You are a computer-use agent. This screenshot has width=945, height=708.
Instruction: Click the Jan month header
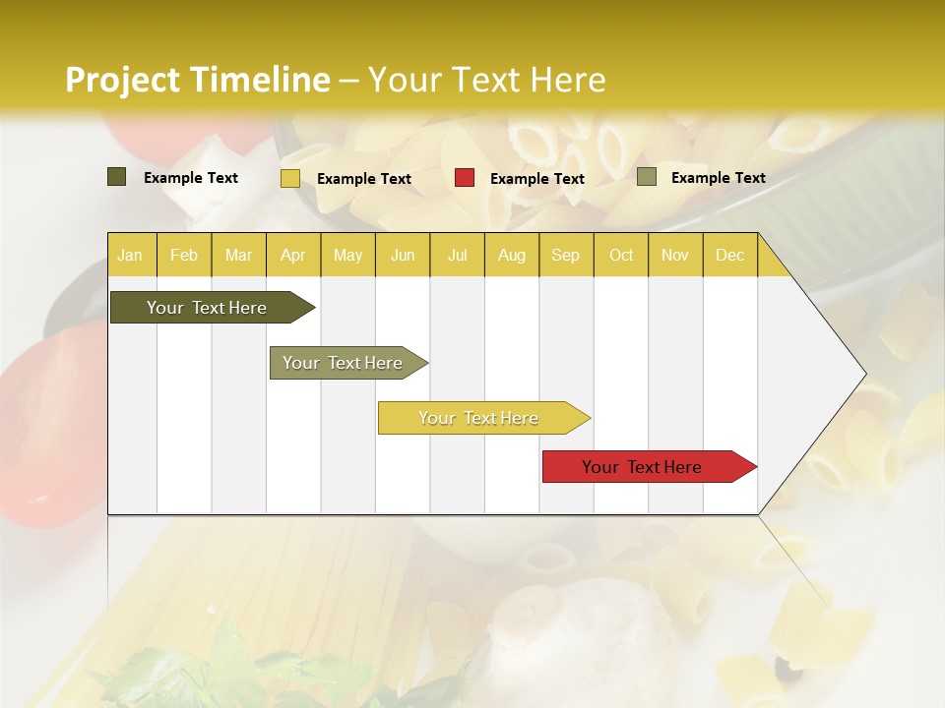tap(131, 255)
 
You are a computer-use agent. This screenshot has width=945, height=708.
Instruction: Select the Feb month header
tap(184, 255)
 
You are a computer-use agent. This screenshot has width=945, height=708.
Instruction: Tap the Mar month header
tap(238, 255)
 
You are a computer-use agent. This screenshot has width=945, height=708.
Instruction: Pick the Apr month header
tap(293, 255)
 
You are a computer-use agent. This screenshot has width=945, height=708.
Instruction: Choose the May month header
tap(347, 255)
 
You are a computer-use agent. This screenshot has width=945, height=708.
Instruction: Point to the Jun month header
tap(403, 255)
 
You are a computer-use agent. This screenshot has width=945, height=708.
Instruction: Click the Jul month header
tap(457, 255)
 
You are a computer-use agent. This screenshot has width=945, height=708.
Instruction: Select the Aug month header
tap(512, 255)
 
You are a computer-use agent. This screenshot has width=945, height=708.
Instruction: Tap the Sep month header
tap(566, 255)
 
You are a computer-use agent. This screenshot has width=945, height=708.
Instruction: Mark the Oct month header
tap(621, 255)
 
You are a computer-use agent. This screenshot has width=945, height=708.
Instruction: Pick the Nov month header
tap(675, 255)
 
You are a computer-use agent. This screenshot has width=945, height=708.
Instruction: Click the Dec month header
tap(730, 255)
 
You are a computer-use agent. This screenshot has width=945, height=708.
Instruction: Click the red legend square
tap(465, 178)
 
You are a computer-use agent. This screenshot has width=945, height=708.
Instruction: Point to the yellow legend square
tap(290, 178)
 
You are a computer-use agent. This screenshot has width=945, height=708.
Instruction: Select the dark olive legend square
tap(117, 177)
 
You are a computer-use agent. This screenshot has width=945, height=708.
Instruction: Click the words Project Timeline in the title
tap(198, 80)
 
